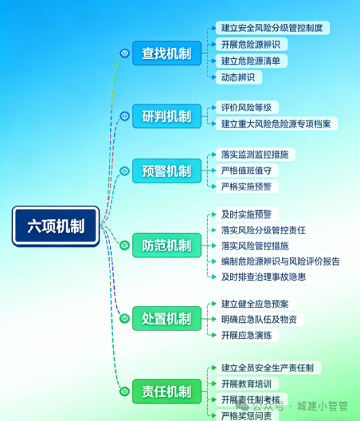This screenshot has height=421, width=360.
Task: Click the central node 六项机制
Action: click(x=55, y=225)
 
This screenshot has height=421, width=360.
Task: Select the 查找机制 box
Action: click(x=166, y=53)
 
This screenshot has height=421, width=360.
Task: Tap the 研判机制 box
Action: click(x=166, y=116)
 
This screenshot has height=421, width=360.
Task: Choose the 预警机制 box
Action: click(x=166, y=171)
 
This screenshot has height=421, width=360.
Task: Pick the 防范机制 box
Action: click(x=166, y=246)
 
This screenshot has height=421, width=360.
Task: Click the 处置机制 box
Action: click(x=166, y=319)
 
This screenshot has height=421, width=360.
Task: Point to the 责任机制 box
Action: click(x=166, y=391)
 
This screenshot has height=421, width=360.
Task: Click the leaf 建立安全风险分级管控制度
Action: click(x=272, y=28)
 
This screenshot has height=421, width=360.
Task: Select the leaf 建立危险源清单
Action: click(x=254, y=61)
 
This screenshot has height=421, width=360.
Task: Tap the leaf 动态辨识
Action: click(x=241, y=77)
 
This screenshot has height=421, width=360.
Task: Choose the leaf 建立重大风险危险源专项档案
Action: click(x=278, y=124)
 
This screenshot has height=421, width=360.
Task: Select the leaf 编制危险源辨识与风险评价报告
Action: click(x=280, y=261)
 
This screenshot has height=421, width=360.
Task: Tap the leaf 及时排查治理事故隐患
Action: click(x=263, y=277)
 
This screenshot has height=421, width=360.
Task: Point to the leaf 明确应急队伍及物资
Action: click(x=259, y=319)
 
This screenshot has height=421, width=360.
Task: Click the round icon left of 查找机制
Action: click(x=124, y=53)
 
